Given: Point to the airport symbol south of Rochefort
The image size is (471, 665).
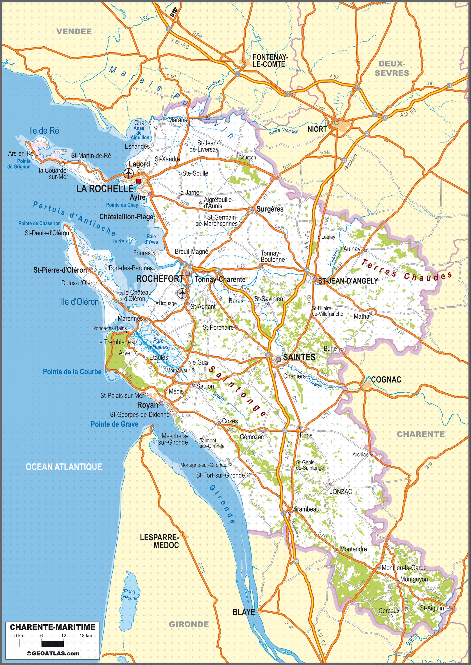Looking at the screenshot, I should pos(182,293).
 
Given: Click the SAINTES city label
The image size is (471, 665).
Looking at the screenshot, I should pos(299,357).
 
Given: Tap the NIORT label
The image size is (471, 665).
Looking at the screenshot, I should pos(317,129).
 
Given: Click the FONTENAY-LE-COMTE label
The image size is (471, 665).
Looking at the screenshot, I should pos(270,61).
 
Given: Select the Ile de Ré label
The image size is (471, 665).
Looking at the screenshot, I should pos(44,131).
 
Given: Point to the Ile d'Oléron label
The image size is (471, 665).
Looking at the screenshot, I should pos(80,302).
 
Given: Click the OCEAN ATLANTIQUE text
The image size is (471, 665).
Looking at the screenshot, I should pos(64,467).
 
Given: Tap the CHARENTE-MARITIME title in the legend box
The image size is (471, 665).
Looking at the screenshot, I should pos(53,627).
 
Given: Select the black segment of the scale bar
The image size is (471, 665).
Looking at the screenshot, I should pos(53,644).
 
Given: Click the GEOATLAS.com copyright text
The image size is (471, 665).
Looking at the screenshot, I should pos(53,653).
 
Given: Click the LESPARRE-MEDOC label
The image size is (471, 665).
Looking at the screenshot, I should pos(162,541).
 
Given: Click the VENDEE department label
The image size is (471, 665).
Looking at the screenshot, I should pos(74,31).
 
